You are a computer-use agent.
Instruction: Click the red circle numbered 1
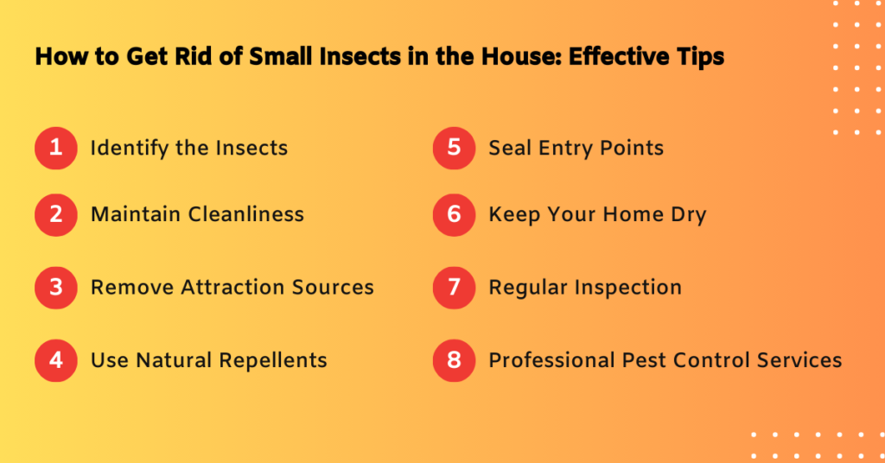point(56,148)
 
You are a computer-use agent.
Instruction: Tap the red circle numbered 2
point(56,214)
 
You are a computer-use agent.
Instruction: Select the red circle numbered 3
point(56,287)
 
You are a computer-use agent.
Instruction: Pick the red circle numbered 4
point(56,359)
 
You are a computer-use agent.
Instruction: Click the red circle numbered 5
point(455,148)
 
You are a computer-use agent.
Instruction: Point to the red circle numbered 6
point(455,214)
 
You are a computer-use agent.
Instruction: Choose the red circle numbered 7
point(455,287)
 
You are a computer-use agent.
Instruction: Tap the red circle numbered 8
point(455,359)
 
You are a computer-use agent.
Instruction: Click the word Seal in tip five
point(510,148)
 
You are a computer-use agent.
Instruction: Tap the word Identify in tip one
point(127,149)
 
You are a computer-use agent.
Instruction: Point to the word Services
point(795,359)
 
